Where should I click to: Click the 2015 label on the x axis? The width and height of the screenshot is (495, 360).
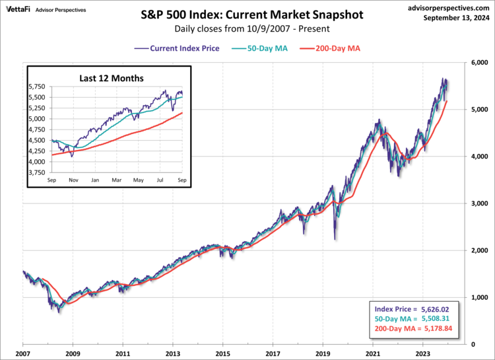[x=223, y=354]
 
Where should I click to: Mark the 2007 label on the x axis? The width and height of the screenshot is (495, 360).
[x=23, y=354]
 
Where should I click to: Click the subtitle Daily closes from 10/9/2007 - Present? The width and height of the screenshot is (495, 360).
[x=247, y=29]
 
